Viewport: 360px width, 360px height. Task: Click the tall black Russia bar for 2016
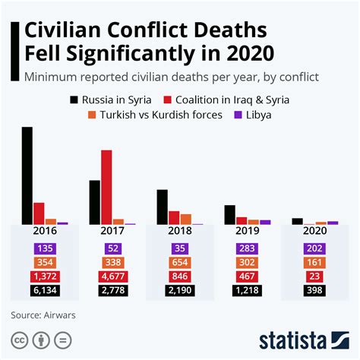27,175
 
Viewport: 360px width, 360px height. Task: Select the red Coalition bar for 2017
106,187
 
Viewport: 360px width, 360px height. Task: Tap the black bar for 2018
162,207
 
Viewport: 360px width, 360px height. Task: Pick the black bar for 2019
229,215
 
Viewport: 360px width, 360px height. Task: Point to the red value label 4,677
112,276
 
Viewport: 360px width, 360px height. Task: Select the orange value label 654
180,263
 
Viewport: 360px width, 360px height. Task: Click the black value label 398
314,290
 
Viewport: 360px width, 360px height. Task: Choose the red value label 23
314,276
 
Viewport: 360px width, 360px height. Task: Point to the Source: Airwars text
43,314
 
